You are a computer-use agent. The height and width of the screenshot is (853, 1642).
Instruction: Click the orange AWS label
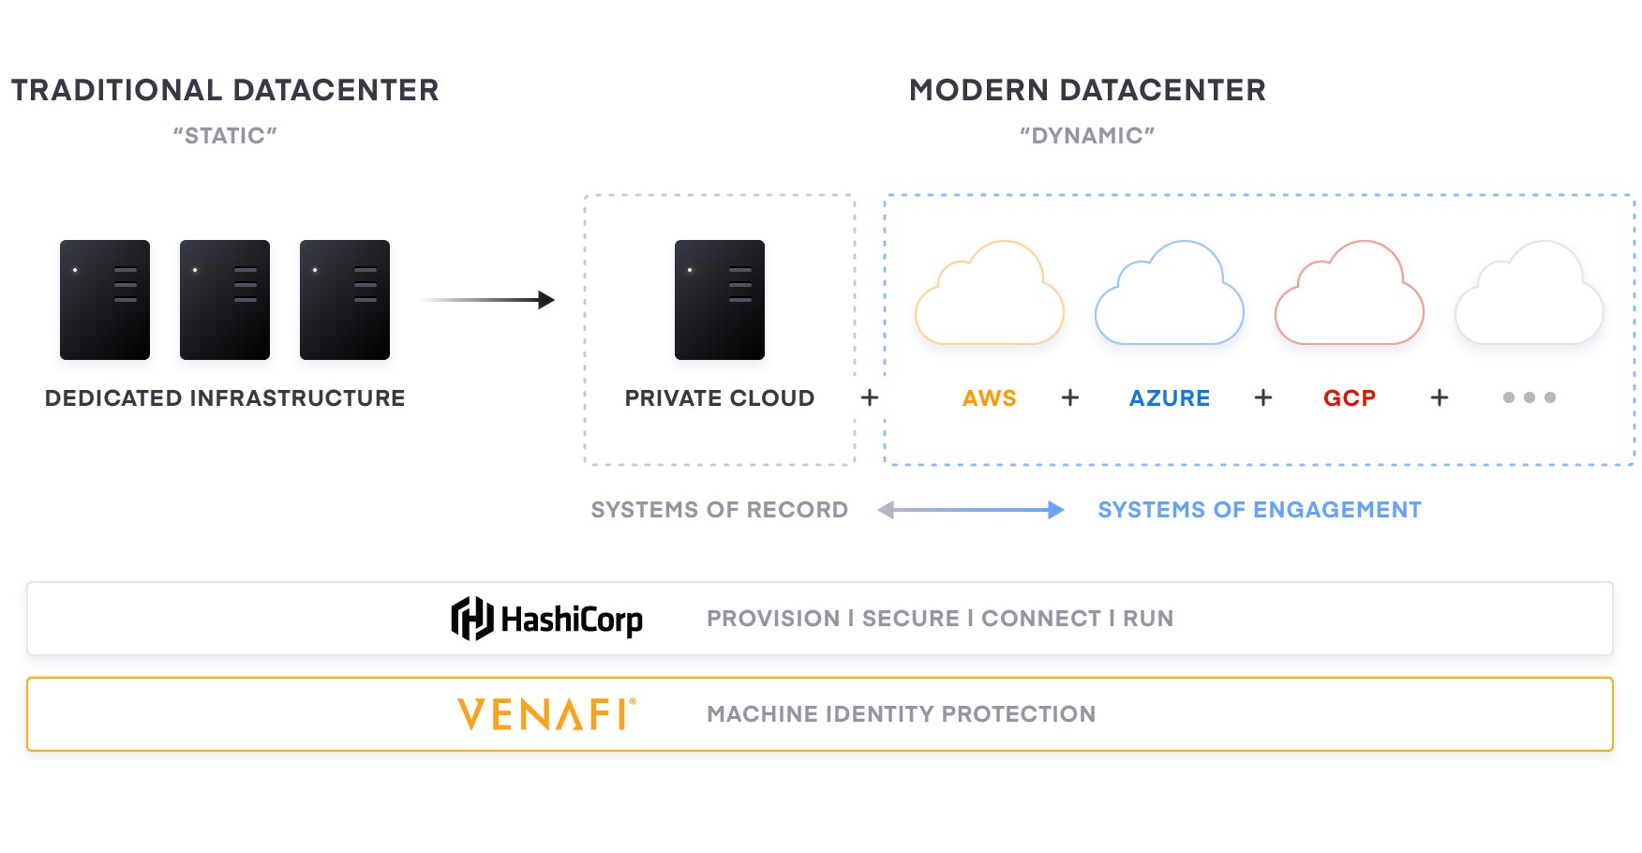tap(989, 398)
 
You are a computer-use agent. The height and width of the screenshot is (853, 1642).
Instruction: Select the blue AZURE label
tap(1169, 398)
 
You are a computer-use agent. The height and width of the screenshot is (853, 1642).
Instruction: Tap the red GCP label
tap(1349, 398)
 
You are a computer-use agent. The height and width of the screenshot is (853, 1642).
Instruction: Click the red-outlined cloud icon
tap(1349, 295)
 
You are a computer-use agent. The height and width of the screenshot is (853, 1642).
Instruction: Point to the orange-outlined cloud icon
tap(989, 295)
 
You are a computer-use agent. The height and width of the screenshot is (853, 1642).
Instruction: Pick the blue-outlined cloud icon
tap(1169, 295)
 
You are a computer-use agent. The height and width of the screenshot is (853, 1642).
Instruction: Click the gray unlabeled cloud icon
tap(1529, 295)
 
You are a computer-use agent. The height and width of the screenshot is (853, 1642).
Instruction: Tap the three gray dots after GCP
tap(1529, 397)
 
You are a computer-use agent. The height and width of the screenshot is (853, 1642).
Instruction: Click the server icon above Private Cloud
tap(719, 300)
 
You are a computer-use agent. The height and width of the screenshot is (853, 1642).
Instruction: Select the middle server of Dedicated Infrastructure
tap(224, 300)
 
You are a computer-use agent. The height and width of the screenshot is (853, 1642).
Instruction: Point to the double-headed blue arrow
tap(971, 510)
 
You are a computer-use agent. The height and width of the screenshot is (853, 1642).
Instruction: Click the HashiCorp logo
tap(546, 619)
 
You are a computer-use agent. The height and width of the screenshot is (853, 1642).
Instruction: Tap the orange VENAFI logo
tap(546, 714)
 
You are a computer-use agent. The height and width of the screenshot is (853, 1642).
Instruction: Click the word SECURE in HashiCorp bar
tap(910, 619)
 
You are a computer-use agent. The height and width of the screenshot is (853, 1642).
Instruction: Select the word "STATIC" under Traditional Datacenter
tap(224, 136)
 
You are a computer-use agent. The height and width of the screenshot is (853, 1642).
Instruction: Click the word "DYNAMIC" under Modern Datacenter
tap(1086, 136)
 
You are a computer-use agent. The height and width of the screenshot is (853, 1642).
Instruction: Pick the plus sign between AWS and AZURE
tap(1069, 398)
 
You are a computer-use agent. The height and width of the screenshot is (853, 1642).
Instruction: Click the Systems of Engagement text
tap(1259, 510)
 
